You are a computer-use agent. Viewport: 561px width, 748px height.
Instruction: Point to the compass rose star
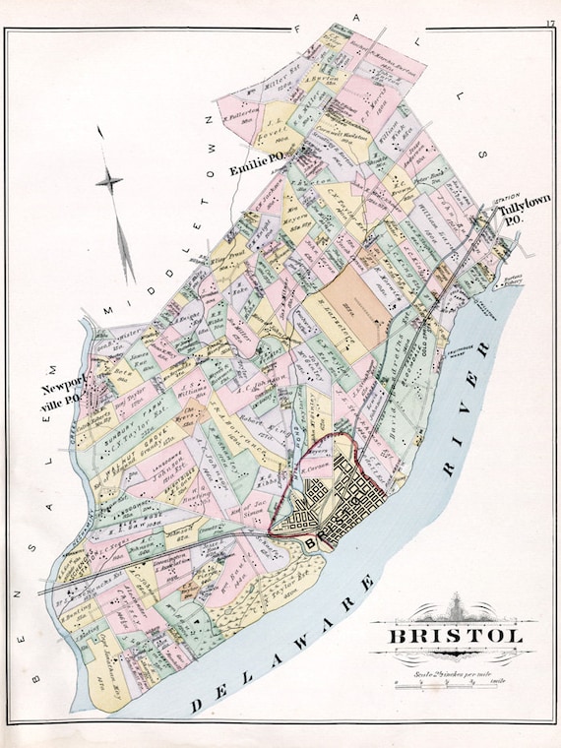(110, 180)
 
